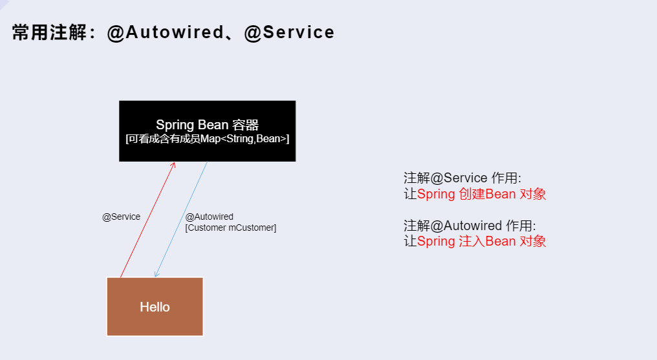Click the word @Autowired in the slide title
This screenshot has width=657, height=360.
pyautogui.click(x=165, y=33)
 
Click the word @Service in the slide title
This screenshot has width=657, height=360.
pyautogui.click(x=290, y=33)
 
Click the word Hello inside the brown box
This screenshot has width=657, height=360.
pyautogui.click(x=155, y=306)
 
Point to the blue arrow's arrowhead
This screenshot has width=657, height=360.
pyautogui.click(x=156, y=275)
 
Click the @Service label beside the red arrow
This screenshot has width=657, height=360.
pyautogui.click(x=121, y=217)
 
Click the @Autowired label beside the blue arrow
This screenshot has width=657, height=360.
pyautogui.click(x=209, y=217)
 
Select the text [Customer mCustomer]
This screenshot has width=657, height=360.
pyautogui.click(x=230, y=228)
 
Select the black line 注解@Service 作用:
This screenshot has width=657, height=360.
pyautogui.click(x=462, y=178)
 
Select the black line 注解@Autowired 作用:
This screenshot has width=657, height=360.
pyautogui.click(x=469, y=226)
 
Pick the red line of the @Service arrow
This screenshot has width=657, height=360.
pyautogui.click(x=147, y=220)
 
